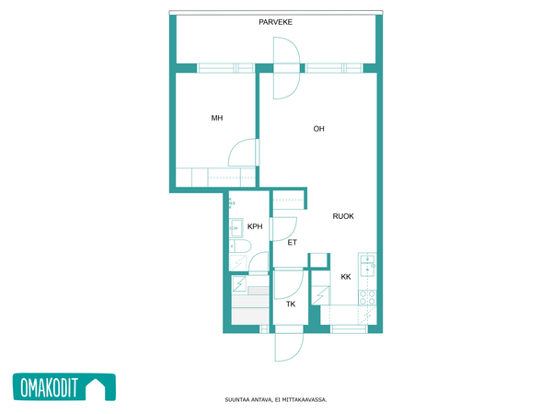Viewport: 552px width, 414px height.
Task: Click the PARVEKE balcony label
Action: pos(275,22)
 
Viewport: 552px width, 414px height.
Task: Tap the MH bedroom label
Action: pos(217,118)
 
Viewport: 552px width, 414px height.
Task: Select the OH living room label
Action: pos(318,129)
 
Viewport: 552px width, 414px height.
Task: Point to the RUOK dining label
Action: pos(343,216)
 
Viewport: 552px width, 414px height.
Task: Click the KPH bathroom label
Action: pos(255,226)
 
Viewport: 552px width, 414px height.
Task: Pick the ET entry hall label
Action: pos(292,243)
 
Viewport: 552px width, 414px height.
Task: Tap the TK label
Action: pos(291,305)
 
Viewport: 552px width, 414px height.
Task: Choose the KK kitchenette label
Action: pos(346,277)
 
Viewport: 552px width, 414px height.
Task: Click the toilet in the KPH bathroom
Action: pos(240,246)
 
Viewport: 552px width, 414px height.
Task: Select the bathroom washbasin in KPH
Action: pos(236,228)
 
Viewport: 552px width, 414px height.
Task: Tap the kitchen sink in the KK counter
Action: pos(367,265)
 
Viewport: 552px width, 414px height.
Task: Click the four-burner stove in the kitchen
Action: pos(367,297)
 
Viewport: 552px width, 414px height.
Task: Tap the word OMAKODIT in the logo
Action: pos(49,387)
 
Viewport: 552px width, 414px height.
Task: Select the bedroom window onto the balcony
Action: pos(225,68)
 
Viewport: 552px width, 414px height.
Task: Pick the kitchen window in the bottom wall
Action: pos(349,329)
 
